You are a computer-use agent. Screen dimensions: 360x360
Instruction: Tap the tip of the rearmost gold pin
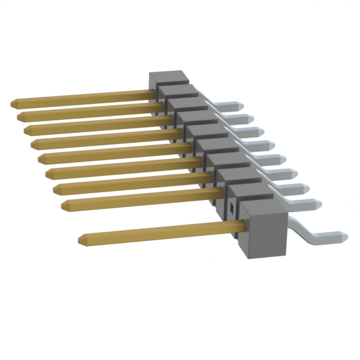pos(13,103)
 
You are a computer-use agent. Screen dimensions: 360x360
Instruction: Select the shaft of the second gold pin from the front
pos(141,199)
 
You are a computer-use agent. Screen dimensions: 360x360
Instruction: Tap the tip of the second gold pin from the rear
pos(21,116)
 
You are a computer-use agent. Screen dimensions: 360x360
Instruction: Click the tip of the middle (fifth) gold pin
pos(41,159)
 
